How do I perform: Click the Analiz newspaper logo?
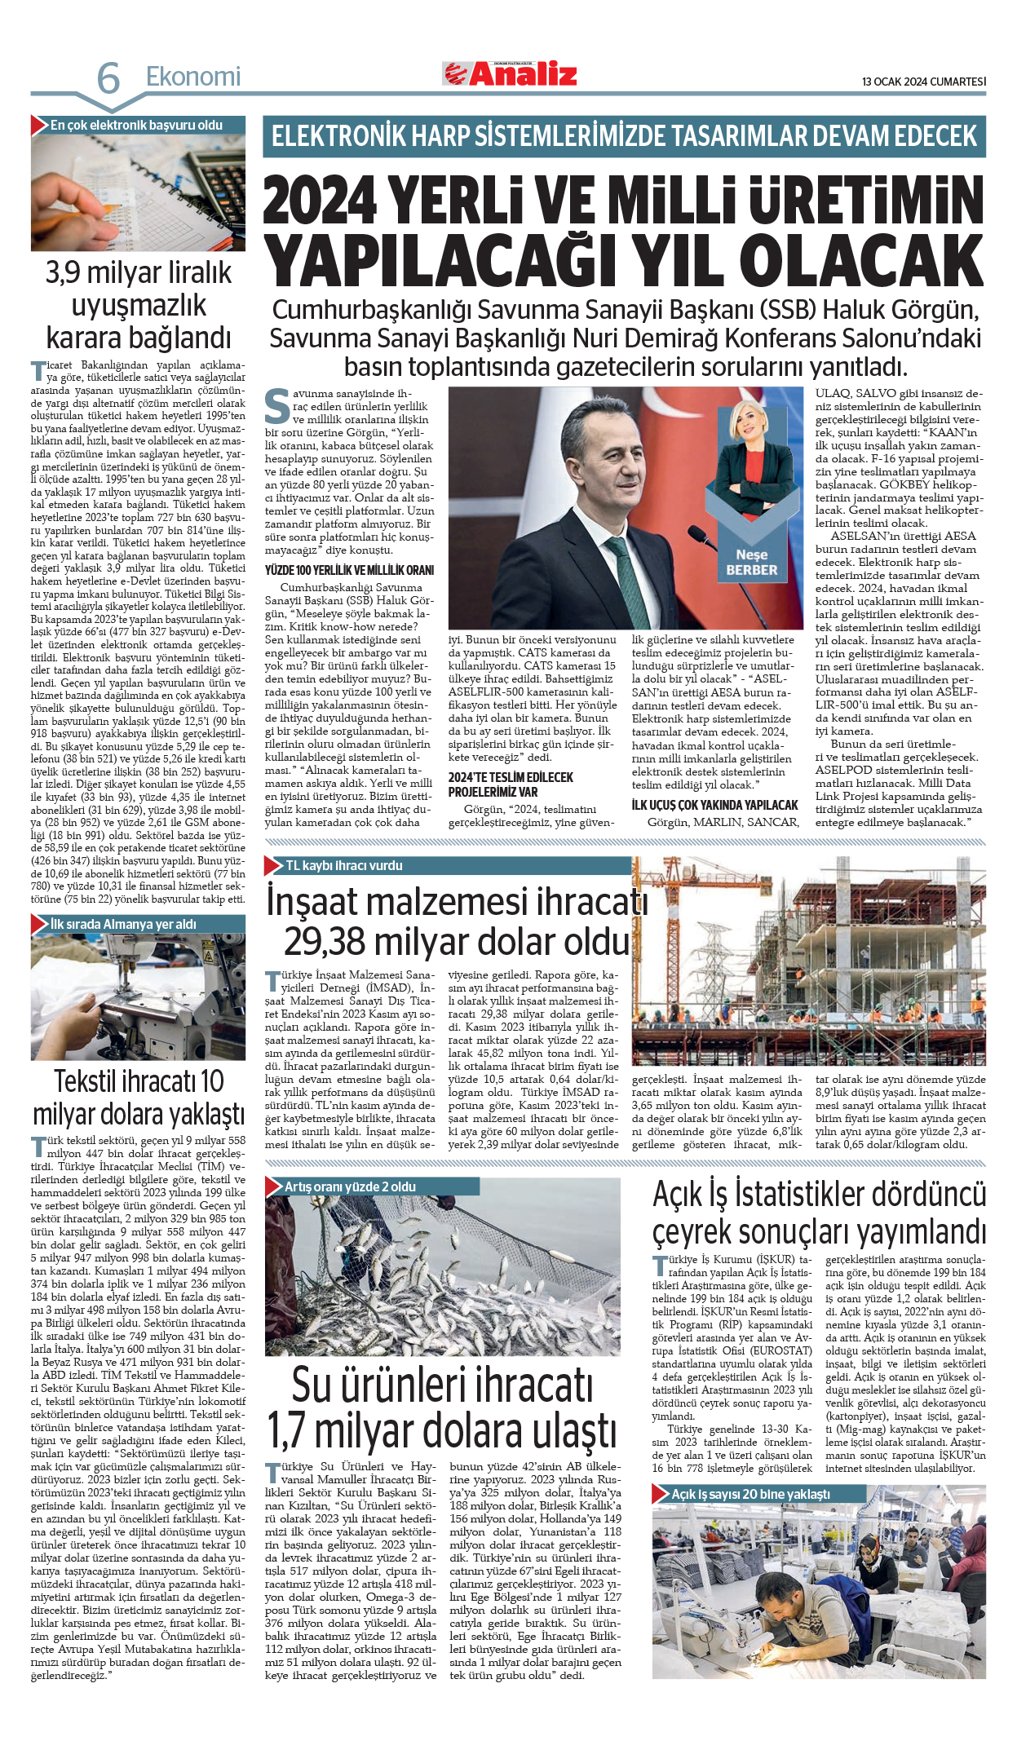511,74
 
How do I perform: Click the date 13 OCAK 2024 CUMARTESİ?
923,82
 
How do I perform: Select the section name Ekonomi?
193,77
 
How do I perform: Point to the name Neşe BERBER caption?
751,563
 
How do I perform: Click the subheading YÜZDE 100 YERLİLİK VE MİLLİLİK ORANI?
349,570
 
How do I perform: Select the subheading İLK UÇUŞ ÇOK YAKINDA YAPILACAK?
714,805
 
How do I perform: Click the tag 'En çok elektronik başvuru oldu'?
136,126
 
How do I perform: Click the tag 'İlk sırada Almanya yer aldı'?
123,924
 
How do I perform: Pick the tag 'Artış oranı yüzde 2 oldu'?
350,1186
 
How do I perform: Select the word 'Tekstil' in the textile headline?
91,1081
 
